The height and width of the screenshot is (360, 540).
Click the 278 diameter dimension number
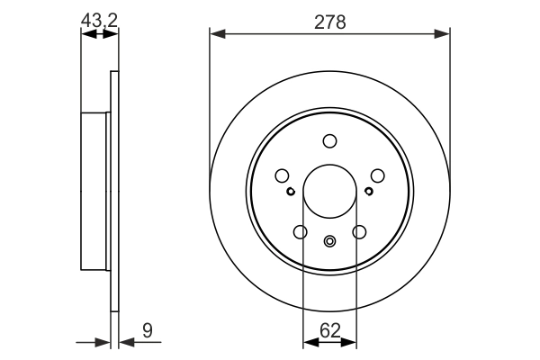pyautogui.click(x=329, y=20)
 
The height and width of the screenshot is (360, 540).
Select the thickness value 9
pyautogui.click(x=147, y=330)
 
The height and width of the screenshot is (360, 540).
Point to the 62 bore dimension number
pyautogui.click(x=329, y=330)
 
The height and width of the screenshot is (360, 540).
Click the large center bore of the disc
pyautogui.click(x=329, y=191)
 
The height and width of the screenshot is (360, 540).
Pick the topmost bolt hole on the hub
pyautogui.click(x=329, y=140)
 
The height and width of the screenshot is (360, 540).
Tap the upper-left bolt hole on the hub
pyautogui.click(x=282, y=175)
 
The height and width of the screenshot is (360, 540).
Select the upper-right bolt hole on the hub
pyautogui.click(x=377, y=175)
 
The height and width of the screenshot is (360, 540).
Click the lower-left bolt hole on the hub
pyautogui.click(x=300, y=232)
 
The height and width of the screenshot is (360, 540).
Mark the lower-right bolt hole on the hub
pyautogui.click(x=359, y=232)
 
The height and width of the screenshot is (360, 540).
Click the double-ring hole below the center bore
pyautogui.click(x=329, y=240)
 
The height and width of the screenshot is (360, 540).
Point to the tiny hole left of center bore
pyautogui.click(x=290, y=191)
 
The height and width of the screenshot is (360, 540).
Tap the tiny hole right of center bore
pyautogui.click(x=369, y=191)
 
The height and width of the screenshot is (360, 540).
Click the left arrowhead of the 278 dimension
pyautogui.click(x=217, y=34)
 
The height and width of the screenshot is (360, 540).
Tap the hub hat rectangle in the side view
pyautogui.click(x=95, y=191)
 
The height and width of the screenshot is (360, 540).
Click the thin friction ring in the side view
pyautogui.click(x=114, y=191)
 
